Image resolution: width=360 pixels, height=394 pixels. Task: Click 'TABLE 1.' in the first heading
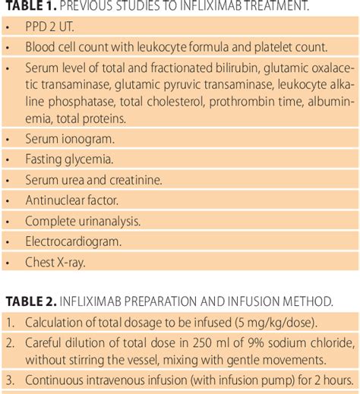click(29, 8)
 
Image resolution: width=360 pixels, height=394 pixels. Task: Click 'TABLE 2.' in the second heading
click(29, 302)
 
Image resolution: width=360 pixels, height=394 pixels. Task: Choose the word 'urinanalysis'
click(105, 222)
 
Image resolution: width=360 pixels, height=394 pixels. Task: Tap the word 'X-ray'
click(70, 263)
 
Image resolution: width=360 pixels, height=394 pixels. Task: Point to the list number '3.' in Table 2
click(10, 380)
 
